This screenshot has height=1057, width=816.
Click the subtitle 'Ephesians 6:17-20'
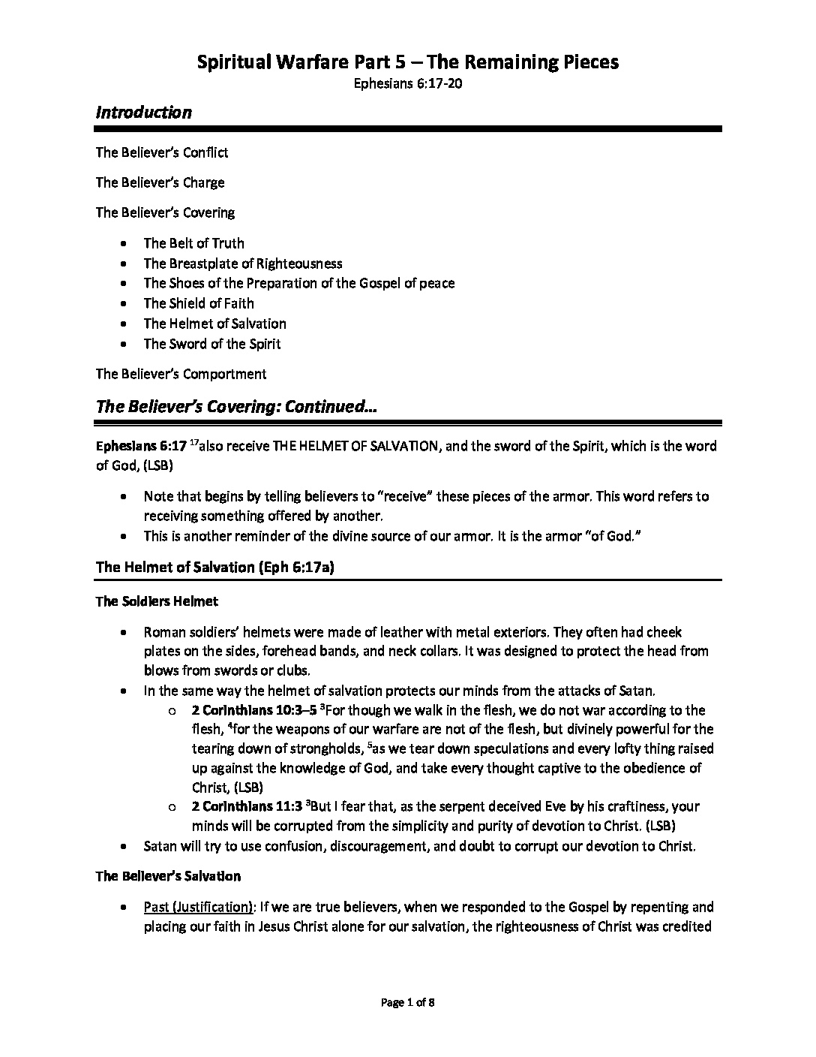click(x=407, y=84)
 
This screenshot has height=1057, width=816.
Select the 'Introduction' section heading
click(x=143, y=113)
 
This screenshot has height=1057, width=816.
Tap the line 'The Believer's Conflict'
click(x=162, y=152)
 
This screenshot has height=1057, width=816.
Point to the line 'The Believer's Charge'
click(x=160, y=182)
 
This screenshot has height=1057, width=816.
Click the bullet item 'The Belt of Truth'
click(x=193, y=243)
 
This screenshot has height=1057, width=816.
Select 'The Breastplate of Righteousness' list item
click(x=243, y=263)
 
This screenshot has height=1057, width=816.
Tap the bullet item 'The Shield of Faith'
click(x=199, y=303)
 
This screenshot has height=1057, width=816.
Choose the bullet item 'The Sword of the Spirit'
click(x=212, y=344)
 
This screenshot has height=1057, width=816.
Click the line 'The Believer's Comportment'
click(x=181, y=374)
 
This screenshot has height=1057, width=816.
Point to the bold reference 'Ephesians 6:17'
click(x=140, y=446)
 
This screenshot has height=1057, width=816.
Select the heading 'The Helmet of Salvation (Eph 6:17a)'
click(x=214, y=567)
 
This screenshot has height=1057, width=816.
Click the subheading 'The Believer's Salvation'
click(x=168, y=876)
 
